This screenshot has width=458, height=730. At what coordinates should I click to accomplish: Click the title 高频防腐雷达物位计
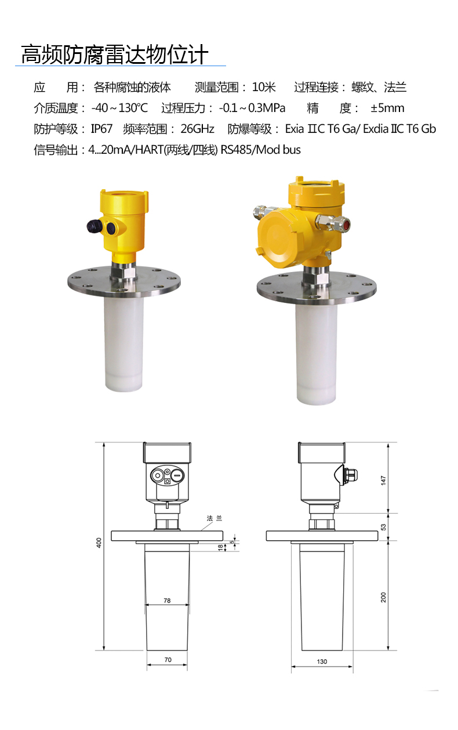tap(115, 55)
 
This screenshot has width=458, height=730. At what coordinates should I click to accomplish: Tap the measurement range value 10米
tap(264, 88)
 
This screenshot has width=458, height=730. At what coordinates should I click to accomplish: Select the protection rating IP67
tap(101, 129)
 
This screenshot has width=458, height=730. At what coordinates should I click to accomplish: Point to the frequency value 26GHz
tap(197, 129)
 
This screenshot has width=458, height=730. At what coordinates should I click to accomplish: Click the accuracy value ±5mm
tap(387, 108)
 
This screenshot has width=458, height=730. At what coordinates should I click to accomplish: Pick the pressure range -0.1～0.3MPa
tap(252, 108)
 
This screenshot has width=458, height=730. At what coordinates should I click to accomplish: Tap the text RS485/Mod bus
tap(260, 150)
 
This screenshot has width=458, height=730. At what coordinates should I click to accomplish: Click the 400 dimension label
tap(99, 543)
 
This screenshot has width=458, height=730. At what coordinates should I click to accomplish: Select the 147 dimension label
tap(383, 480)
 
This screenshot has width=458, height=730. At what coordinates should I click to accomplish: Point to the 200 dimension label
tap(383, 597)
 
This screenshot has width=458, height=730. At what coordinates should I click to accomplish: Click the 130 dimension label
tap(322, 662)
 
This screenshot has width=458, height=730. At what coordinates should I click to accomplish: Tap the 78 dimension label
tap(167, 601)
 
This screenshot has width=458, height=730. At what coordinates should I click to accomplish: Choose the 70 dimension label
tap(168, 660)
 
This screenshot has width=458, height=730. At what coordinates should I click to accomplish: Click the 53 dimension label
tap(383, 527)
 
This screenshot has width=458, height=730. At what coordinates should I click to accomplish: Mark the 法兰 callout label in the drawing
tap(214, 518)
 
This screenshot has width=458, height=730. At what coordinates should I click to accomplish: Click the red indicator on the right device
tap(346, 224)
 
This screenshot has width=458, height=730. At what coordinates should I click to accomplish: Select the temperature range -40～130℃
tap(119, 108)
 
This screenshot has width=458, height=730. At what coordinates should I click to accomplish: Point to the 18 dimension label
tap(220, 547)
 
